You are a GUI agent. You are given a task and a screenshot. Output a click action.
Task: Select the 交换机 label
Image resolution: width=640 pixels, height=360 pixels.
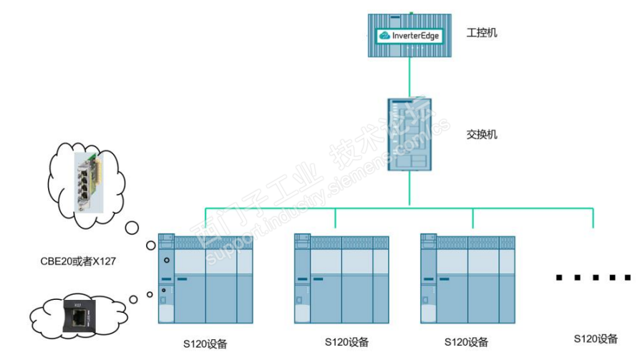tap(481, 134)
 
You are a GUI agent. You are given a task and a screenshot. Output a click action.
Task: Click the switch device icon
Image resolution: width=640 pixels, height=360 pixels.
tap(410, 134)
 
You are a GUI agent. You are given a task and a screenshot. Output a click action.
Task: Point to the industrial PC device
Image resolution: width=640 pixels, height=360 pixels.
tap(410, 35)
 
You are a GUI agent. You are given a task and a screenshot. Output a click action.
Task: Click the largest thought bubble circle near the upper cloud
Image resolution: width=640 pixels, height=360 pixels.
tap(132, 228)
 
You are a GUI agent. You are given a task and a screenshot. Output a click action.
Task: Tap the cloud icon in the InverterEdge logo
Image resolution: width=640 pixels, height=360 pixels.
tap(384, 34)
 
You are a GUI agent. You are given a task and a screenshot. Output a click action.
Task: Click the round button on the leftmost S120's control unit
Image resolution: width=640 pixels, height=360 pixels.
tap(166, 260)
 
